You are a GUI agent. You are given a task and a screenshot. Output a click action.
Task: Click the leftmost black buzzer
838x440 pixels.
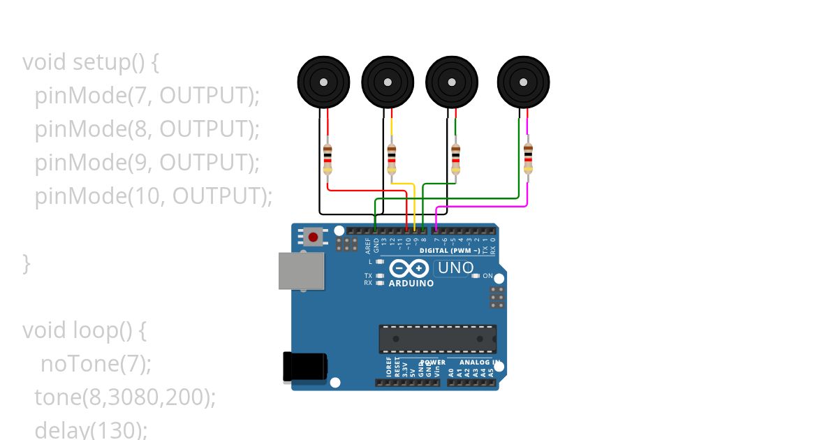[323, 82]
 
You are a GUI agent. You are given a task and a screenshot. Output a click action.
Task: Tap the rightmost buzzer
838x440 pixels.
[523, 82]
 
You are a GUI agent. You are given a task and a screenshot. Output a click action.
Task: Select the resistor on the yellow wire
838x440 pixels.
[391, 159]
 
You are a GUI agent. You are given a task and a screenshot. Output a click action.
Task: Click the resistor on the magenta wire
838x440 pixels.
[527, 159]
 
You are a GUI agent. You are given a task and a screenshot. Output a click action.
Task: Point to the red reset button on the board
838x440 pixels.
[313, 237]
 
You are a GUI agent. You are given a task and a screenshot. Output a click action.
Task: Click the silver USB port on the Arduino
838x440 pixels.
[302, 270]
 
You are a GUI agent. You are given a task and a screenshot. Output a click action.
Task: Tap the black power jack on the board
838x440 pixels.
[304, 367]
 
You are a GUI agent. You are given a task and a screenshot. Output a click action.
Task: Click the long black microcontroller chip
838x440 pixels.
[438, 339]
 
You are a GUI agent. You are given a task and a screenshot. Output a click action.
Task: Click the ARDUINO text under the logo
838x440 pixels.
[411, 284]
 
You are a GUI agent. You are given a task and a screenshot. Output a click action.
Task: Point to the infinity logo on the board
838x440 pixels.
[409, 269]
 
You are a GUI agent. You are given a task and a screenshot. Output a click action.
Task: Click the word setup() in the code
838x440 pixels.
[108, 62]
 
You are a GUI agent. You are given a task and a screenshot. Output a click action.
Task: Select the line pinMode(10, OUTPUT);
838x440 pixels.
[154, 196]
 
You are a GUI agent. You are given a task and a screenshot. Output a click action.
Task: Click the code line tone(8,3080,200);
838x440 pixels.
[125, 397]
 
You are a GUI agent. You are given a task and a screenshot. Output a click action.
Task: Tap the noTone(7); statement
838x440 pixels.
[96, 364]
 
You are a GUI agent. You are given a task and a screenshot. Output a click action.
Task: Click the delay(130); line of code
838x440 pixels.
[91, 430]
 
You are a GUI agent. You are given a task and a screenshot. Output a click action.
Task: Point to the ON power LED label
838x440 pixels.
[487, 276]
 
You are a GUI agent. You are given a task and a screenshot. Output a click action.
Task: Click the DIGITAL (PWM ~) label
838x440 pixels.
[450, 250]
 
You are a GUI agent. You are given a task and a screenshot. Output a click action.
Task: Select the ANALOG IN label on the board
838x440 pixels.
[478, 362]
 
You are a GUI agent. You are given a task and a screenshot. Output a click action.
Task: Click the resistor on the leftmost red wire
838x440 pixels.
[328, 159]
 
